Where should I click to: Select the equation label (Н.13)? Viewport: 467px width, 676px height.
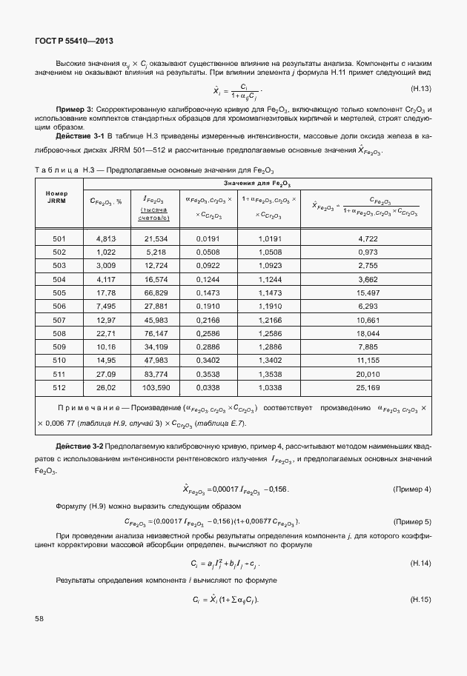tap(421, 90)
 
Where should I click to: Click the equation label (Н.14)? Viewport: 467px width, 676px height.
tap(421, 564)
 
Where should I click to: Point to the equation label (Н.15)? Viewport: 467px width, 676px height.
tap(421, 598)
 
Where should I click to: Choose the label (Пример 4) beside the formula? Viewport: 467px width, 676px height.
tap(411, 489)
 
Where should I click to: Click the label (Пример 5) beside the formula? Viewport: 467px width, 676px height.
tap(411, 521)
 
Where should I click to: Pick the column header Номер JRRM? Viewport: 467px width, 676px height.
tap(57, 197)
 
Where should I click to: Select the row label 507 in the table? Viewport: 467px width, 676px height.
tap(59, 319)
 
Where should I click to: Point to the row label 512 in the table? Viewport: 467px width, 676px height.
tap(59, 387)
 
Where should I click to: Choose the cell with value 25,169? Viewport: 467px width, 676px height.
tap(368, 387)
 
